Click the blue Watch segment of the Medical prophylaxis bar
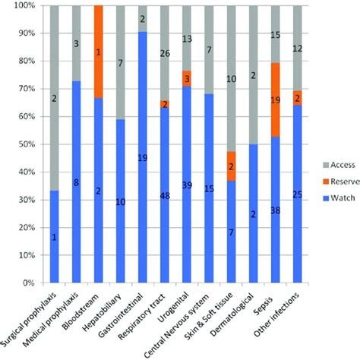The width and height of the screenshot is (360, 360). click(74, 182)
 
